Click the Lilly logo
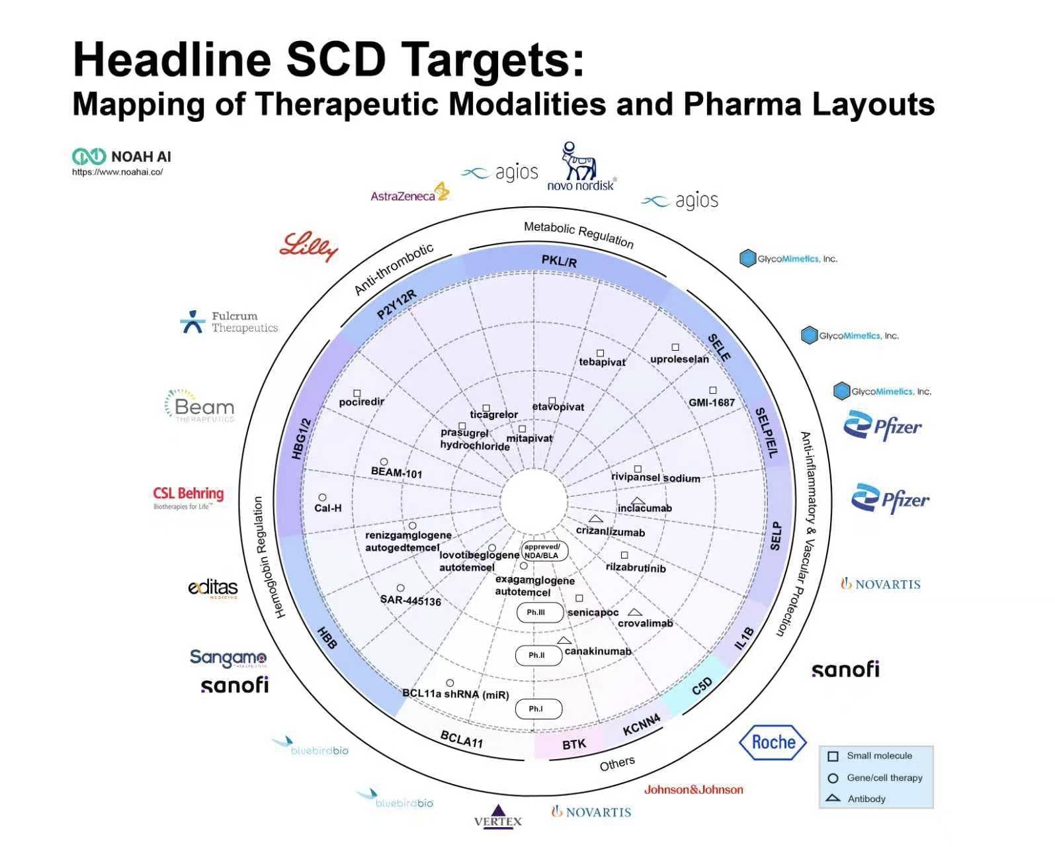[x=309, y=247]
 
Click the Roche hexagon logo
[x=773, y=742]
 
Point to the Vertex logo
[x=498, y=817]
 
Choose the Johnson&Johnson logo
[x=694, y=789]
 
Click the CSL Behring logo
[x=189, y=497]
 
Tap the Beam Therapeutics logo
[x=200, y=406]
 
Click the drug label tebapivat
[x=602, y=362]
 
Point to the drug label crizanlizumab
[x=610, y=532]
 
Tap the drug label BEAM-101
[x=396, y=472]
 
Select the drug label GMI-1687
[x=712, y=402]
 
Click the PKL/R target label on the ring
[x=559, y=261]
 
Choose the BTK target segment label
[x=573, y=744]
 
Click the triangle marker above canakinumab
[x=564, y=641]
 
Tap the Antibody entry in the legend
[x=866, y=799]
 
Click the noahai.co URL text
[x=117, y=172]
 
